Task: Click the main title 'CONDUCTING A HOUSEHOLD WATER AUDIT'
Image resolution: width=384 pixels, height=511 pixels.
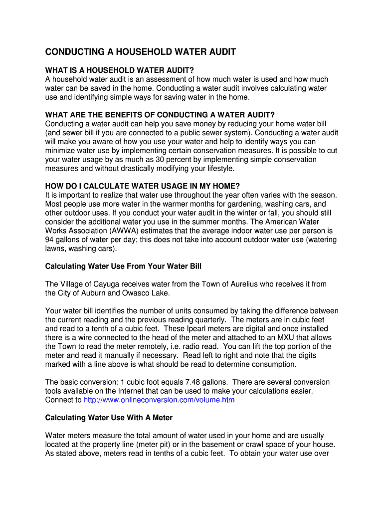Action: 141,52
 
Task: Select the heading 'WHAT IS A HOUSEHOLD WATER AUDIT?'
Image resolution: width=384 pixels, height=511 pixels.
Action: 120,69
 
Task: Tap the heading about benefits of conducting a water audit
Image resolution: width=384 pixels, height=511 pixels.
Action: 160,114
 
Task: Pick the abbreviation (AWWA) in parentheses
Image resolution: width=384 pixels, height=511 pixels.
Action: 119,231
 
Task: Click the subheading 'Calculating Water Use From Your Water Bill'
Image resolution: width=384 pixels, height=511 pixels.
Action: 123,266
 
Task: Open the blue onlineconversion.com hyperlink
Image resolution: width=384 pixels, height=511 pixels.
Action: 159,400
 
